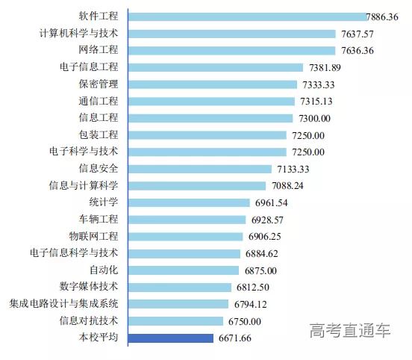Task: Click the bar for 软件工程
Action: [x=246, y=16]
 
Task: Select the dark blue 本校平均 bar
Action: [x=171, y=338]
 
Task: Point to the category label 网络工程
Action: [x=99, y=50]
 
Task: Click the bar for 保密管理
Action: [x=213, y=84]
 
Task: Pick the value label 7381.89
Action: [x=325, y=67]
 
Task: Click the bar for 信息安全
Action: [x=200, y=169]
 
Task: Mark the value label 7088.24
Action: [x=287, y=185]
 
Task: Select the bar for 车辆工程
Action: [x=187, y=220]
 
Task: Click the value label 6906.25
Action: [x=269, y=236]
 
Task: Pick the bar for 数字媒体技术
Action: [x=180, y=287]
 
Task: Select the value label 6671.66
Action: [x=235, y=338]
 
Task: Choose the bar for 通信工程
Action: [x=212, y=101]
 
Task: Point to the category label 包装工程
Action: [x=99, y=134]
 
